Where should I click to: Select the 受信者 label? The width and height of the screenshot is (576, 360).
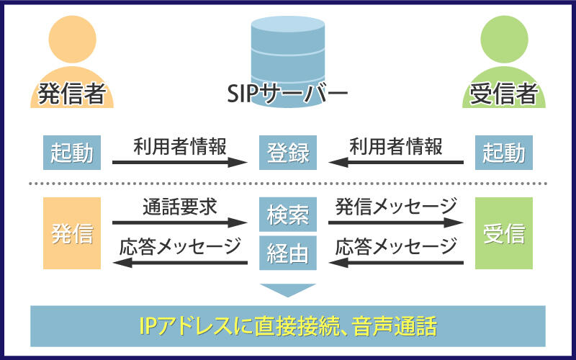pos(503,94)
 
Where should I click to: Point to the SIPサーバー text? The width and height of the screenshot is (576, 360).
pos(287,94)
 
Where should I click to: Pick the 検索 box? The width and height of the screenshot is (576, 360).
pos(288,215)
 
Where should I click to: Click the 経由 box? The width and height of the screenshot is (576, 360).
pos(288,252)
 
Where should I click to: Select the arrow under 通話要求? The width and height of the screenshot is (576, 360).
pos(175,222)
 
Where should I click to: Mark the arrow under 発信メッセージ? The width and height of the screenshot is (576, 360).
pos(396,222)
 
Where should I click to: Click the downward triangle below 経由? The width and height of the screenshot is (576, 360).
pos(288,289)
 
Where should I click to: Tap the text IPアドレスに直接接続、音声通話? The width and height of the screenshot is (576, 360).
pos(288,327)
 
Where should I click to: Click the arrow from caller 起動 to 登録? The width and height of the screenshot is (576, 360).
pos(175,163)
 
